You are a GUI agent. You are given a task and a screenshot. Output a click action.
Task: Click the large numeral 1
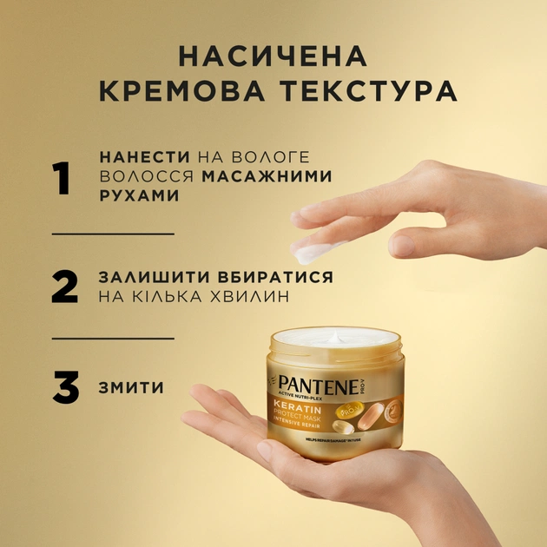point(62,177)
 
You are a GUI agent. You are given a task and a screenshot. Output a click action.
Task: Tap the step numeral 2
point(64,287)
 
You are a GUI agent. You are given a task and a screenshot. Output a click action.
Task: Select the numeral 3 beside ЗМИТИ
point(65,388)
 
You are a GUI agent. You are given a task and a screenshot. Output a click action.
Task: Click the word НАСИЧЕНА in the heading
point(273,56)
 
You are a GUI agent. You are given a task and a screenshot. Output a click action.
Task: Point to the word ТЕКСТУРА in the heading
point(374,93)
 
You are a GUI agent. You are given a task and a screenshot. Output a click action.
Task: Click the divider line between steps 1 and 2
point(113,234)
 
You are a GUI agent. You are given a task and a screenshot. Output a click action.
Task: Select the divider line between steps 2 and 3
point(113,338)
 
